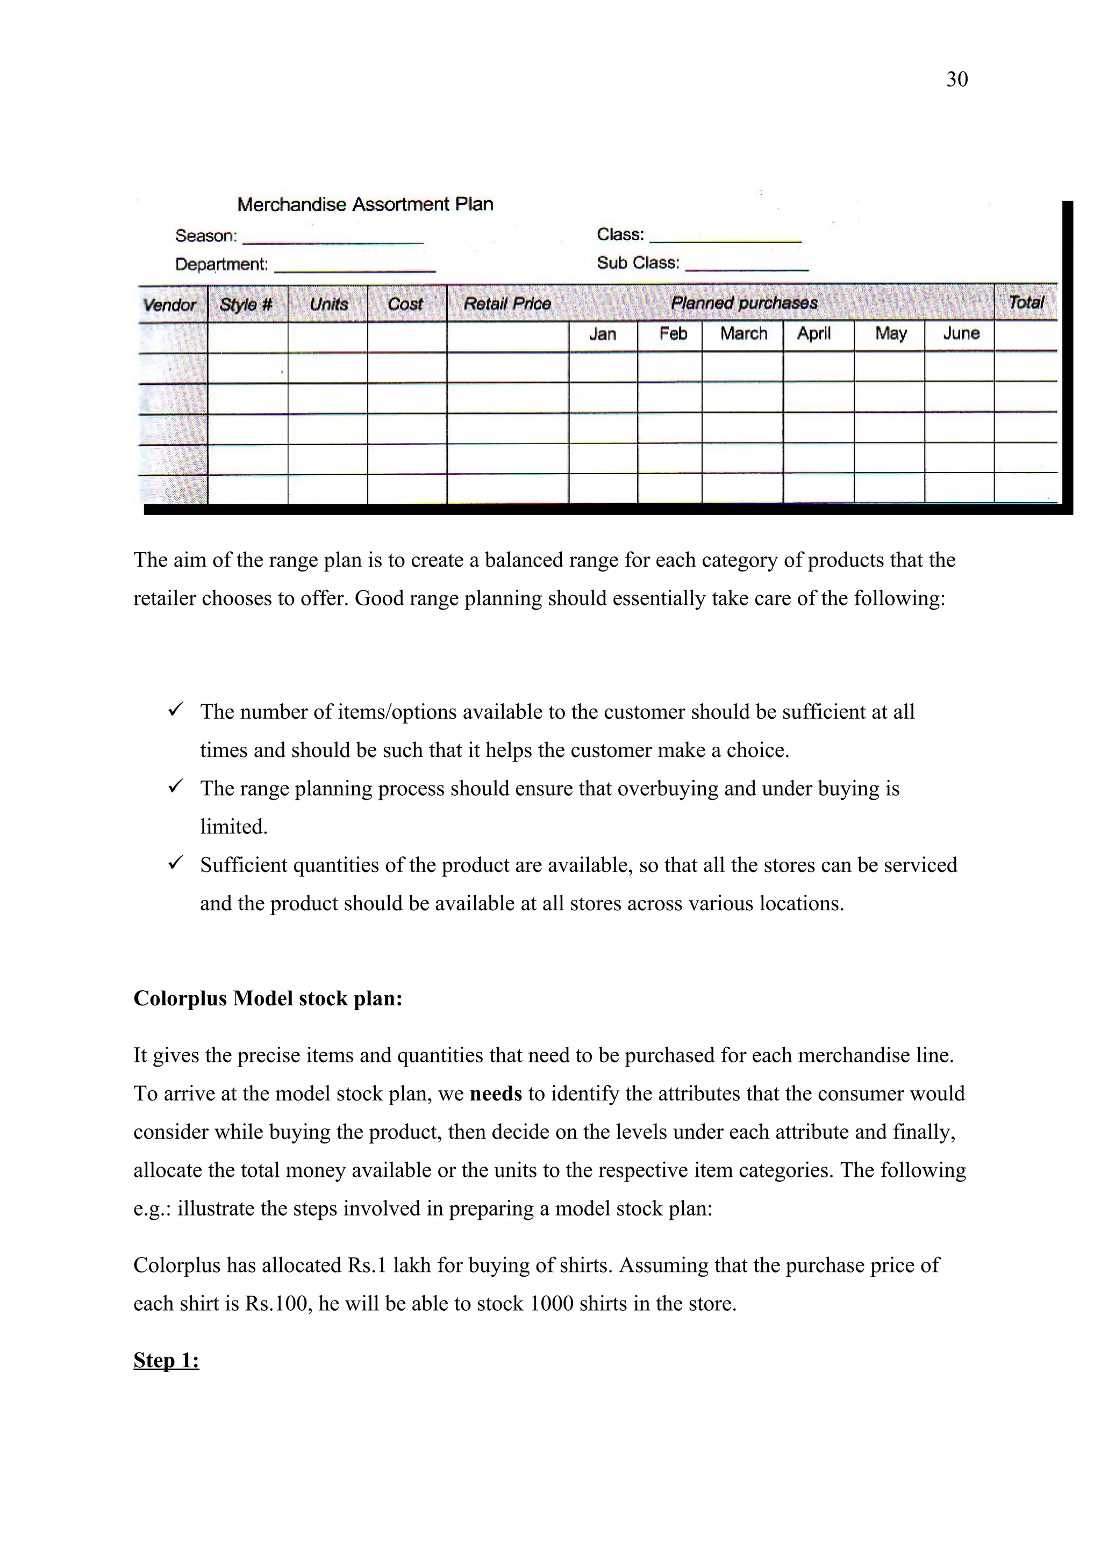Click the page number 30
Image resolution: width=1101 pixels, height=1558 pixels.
956,80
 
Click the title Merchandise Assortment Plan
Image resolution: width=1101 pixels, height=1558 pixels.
365,204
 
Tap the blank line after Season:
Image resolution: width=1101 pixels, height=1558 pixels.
332,240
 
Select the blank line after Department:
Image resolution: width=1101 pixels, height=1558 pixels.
354,269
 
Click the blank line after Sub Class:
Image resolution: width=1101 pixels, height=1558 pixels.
746,267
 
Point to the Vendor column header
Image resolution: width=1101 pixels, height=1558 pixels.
169,305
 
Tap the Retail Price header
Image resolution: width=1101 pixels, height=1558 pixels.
507,303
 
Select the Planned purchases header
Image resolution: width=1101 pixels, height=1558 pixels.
744,303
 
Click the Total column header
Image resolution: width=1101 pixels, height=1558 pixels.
1026,302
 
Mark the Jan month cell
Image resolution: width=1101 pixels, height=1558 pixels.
603,334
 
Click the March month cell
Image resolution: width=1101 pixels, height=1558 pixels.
743,334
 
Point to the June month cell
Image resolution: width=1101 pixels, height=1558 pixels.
961,333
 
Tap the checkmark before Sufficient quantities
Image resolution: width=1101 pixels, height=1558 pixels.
176,863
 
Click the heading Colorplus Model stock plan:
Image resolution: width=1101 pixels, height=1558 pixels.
268,998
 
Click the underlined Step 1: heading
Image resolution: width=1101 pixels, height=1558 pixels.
166,1361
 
